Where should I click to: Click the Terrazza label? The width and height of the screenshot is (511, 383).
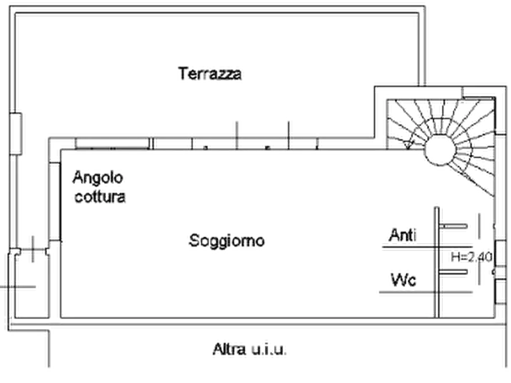tap(211, 74)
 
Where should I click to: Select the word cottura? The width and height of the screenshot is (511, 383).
tap(100, 197)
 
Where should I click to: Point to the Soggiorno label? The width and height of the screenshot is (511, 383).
tap(227, 241)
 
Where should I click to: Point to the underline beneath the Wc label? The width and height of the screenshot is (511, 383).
tap(403, 292)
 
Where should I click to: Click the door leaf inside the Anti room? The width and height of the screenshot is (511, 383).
tap(456, 227)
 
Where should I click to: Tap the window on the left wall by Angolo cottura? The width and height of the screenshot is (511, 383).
tap(54, 200)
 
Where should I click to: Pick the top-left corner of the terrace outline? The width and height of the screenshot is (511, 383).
tap(13, 11)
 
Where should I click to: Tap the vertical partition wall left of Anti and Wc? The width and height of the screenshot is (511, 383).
tap(438, 257)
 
